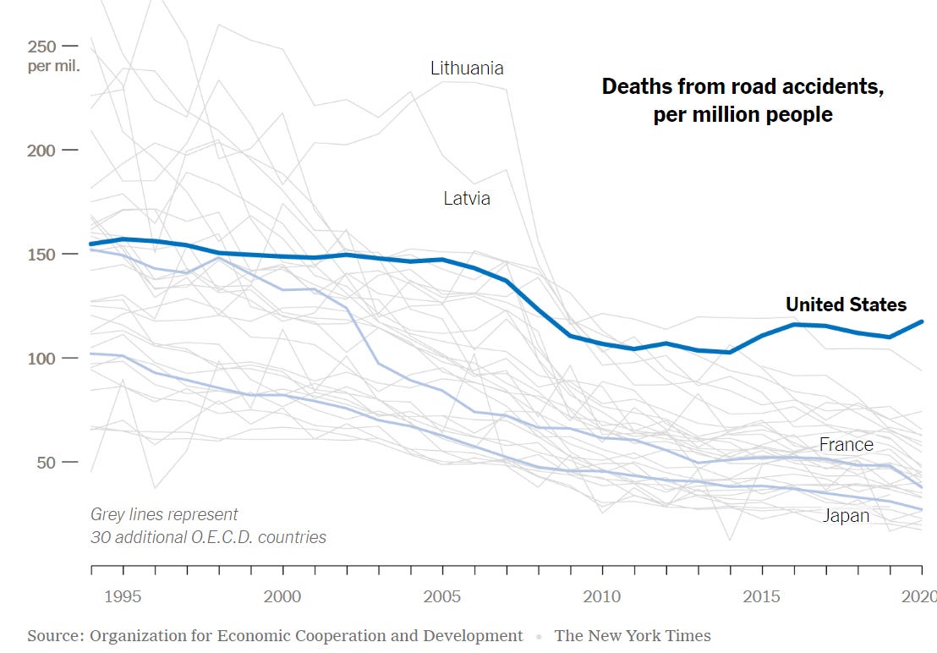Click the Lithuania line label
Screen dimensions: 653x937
coord(467,68)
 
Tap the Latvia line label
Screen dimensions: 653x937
coord(467,199)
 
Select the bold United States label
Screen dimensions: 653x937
coord(846,305)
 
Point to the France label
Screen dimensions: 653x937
coord(846,444)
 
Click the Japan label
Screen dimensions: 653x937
coord(846,515)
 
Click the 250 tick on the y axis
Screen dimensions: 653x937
coord(41,46)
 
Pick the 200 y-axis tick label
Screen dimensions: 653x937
coord(41,151)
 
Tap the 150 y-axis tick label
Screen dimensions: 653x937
coord(41,255)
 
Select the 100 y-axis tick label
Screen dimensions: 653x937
coord(41,359)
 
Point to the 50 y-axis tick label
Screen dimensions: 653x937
coord(46,463)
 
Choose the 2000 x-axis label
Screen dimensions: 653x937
coord(282,597)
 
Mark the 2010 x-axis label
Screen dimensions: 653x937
coord(602,597)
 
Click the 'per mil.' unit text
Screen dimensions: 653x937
coord(52,66)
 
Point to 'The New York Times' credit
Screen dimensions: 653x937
coord(633,635)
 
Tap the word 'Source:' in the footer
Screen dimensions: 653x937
coord(58,635)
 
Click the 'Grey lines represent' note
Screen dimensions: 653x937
coord(164,514)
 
